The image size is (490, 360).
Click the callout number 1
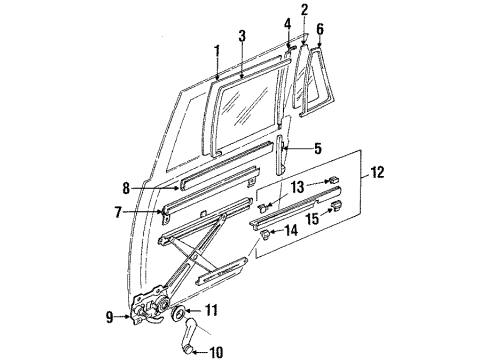coord(215,50)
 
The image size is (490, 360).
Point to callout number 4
coord(286,23)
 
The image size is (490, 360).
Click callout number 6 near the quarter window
coord(319,29)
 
